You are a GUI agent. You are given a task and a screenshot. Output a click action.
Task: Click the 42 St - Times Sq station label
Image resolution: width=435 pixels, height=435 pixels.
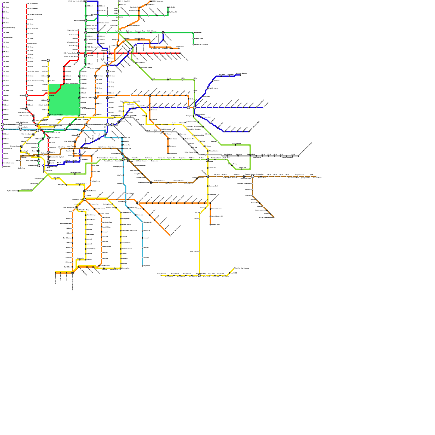[x=43, y=125]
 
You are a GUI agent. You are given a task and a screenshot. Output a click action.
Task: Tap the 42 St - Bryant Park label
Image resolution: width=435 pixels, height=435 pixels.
[x=77, y=125]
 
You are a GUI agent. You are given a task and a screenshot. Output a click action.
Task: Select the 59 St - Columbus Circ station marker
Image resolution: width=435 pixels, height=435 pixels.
[x=48, y=115]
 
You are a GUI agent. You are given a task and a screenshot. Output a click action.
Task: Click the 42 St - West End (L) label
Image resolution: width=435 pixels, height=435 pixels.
[x=10, y=125]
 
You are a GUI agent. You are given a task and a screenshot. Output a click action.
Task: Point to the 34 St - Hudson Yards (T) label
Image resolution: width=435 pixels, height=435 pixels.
[x=11, y=129]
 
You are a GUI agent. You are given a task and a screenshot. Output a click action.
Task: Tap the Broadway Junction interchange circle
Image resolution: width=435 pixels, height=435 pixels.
[x=151, y=182]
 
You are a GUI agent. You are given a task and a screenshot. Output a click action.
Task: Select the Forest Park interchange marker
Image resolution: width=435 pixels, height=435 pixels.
[x=208, y=160]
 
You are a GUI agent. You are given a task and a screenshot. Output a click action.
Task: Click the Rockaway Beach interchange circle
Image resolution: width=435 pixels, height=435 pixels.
[x=199, y=275]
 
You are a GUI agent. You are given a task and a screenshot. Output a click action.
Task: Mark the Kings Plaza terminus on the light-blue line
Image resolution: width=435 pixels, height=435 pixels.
[x=142, y=266]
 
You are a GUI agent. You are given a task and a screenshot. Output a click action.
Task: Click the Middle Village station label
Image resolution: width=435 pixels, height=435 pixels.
[x=173, y=154]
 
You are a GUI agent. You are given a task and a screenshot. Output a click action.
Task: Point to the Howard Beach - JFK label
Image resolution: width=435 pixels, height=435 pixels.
[x=217, y=216]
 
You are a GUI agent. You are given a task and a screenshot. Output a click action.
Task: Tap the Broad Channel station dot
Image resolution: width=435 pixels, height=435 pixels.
[x=199, y=251]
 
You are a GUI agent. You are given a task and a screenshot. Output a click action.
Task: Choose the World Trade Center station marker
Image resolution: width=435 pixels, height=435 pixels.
[x=39, y=161]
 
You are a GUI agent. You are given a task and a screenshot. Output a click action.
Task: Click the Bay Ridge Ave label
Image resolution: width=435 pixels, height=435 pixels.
[x=67, y=238]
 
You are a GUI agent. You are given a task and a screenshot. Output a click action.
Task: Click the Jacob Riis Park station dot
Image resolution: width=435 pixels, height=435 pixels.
[x=160, y=275]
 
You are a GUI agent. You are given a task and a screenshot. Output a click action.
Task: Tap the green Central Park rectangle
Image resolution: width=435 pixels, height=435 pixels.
[x=64, y=100]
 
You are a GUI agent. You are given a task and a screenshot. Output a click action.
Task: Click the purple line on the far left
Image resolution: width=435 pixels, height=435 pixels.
[x=2, y=82]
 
